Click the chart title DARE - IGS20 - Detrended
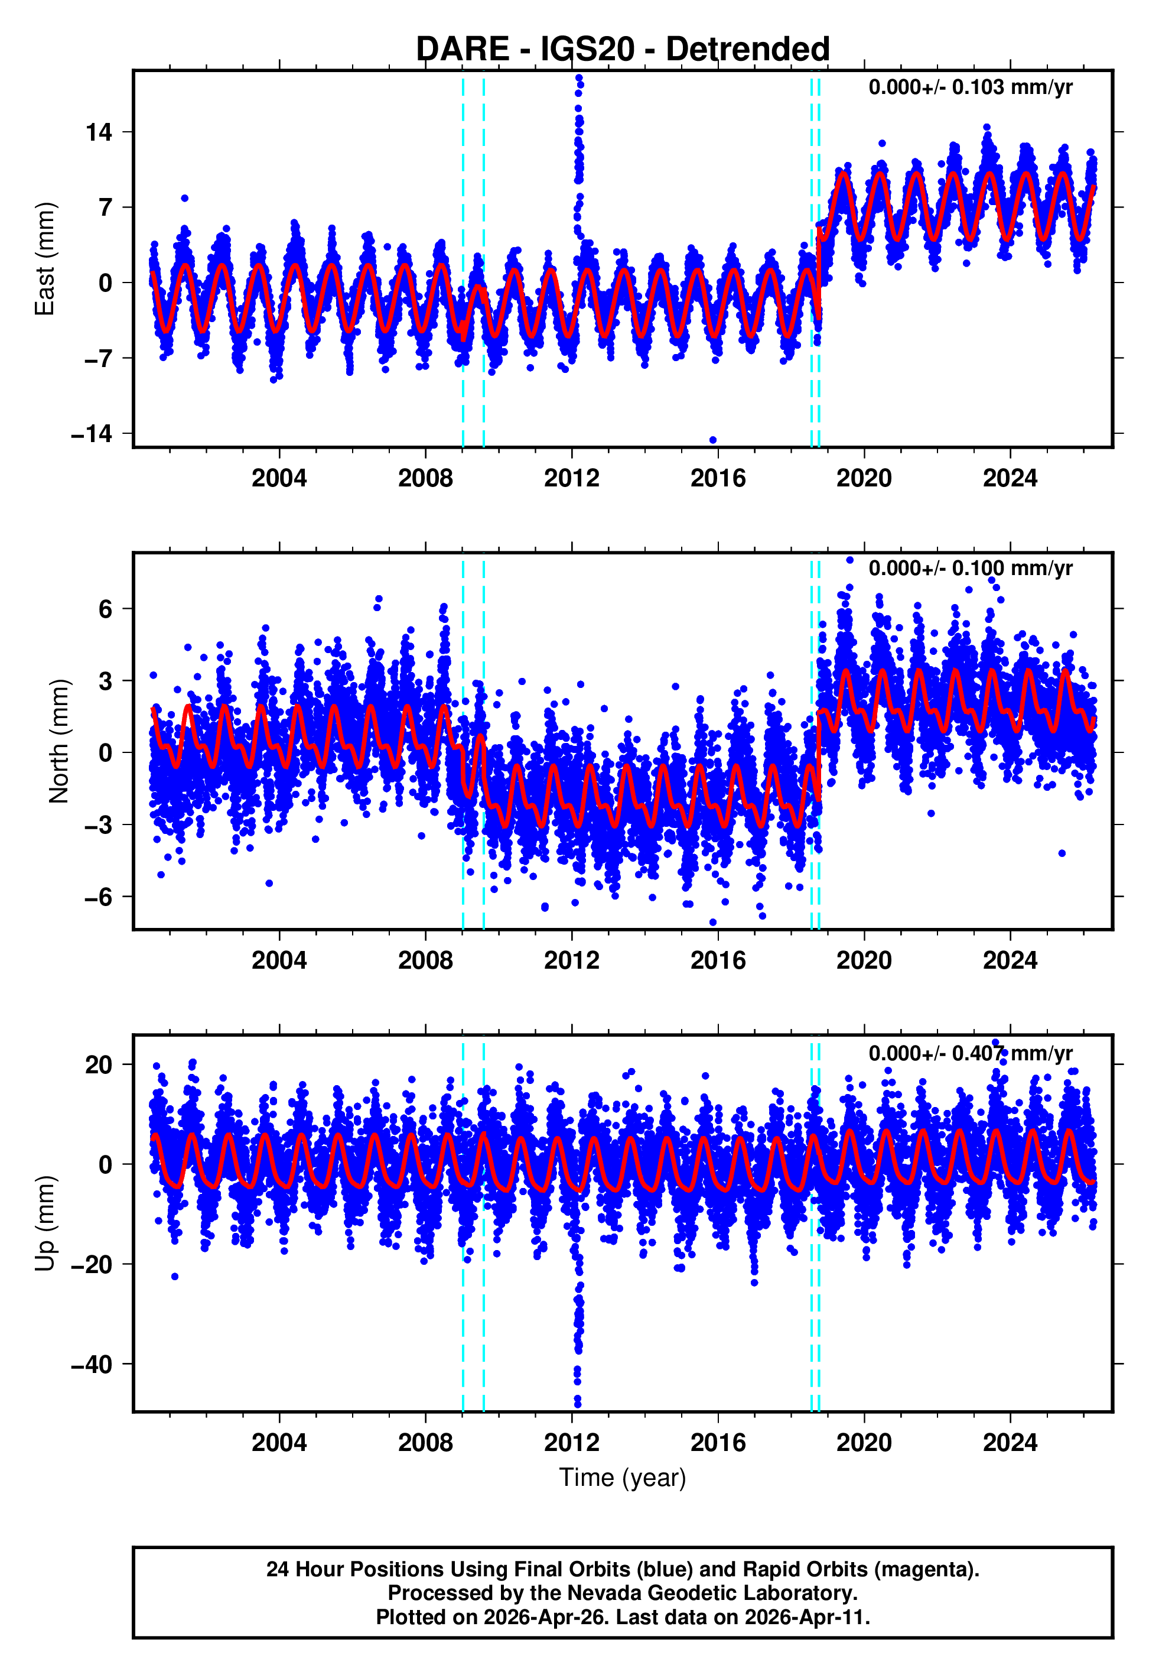(623, 50)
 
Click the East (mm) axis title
(45, 259)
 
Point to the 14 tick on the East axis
(99, 132)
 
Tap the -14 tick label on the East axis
(92, 434)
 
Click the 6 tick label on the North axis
(106, 609)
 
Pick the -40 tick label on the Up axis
(92, 1364)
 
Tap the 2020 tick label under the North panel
(864, 960)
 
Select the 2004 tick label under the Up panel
(279, 1442)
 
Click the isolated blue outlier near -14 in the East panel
(712, 440)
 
